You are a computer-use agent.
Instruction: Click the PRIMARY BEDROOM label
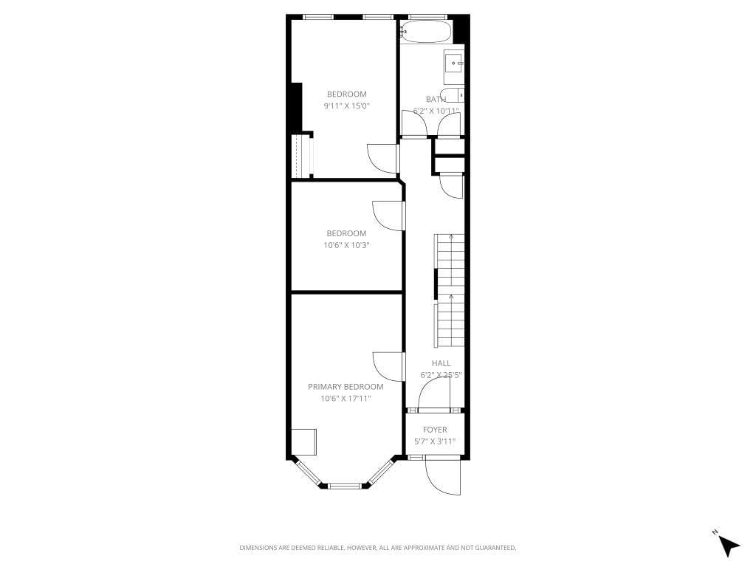346,387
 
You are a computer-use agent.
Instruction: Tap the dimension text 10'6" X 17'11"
346,399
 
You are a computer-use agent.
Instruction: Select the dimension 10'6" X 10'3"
346,245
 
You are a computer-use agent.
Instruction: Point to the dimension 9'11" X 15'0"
346,106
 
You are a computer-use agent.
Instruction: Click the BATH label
436,99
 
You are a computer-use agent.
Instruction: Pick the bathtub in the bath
427,32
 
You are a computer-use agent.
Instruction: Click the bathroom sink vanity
453,68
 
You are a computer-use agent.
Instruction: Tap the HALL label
441,363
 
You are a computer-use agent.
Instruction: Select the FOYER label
434,430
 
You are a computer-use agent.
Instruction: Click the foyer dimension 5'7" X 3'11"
434,441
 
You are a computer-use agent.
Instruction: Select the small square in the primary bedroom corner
303,441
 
